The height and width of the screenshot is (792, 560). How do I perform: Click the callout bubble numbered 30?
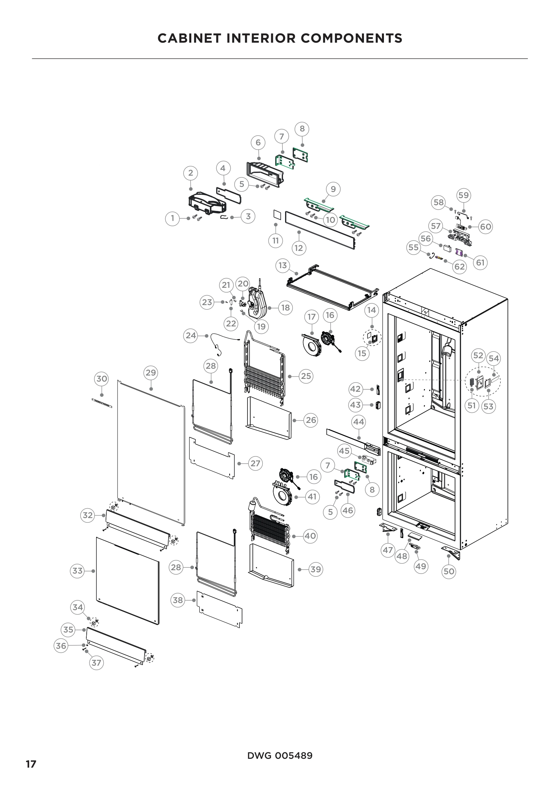101,379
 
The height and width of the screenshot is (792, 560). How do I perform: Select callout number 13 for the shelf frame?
283,265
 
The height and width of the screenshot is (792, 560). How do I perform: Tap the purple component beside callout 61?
459,252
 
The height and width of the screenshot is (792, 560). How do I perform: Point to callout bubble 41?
312,497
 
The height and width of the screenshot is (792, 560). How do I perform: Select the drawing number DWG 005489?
280,755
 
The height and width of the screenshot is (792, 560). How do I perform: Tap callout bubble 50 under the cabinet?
449,571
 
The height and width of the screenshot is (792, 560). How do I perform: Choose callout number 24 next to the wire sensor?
191,335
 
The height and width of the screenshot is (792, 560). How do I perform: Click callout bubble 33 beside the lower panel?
77,571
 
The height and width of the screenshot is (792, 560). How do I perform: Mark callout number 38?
178,600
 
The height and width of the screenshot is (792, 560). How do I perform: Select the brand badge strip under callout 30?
102,403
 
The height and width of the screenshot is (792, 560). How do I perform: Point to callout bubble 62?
459,266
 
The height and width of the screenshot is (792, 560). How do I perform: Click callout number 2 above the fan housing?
191,173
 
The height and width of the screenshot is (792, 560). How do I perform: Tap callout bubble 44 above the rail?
359,422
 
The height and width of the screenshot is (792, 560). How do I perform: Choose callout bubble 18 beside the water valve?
285,307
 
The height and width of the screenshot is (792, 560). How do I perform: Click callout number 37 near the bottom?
96,663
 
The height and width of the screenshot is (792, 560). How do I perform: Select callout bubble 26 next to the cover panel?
311,420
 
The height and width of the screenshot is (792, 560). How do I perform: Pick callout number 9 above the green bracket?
333,189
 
